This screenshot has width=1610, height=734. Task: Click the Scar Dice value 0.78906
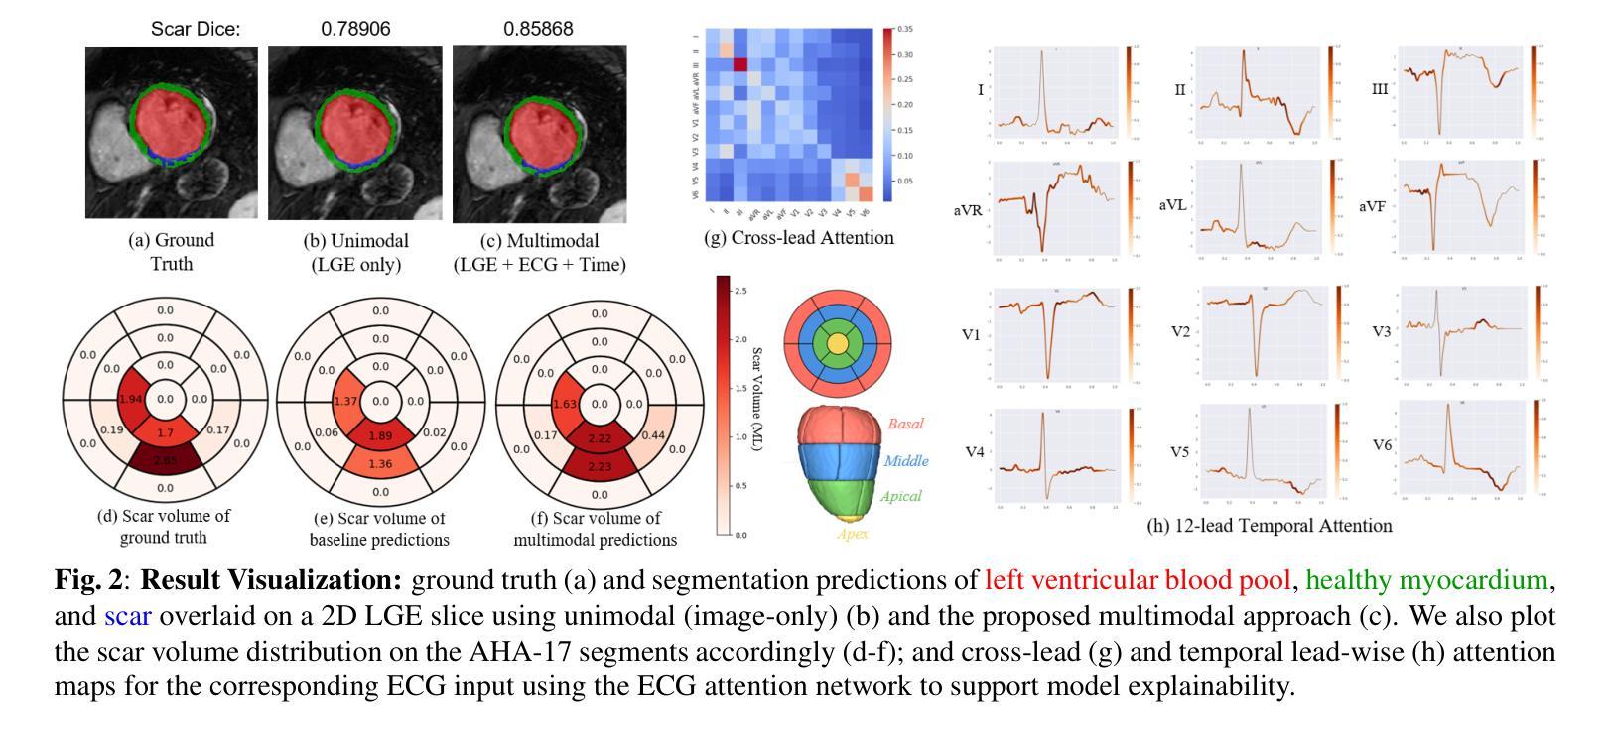pos(355,29)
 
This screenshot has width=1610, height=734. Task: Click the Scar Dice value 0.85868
pos(538,29)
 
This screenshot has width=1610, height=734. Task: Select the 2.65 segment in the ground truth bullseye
pos(165,461)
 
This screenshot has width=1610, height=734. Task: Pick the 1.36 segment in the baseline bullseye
pos(380,463)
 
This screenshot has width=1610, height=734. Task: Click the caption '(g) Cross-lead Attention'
pos(798,238)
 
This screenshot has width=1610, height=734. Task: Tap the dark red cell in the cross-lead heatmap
pos(739,64)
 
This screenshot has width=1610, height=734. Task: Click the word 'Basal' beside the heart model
pos(904,424)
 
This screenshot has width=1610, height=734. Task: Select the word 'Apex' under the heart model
pos(853,534)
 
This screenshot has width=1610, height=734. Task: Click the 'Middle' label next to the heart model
pos(905,461)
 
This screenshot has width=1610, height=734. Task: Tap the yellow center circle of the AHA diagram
pos(838,343)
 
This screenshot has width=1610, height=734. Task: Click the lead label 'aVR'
pos(967,210)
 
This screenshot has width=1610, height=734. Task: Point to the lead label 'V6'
pos(1383,444)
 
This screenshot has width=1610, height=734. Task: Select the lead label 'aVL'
pos(1174,205)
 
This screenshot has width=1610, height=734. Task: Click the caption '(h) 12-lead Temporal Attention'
pos(1270,526)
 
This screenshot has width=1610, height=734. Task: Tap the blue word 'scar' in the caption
pos(127,616)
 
